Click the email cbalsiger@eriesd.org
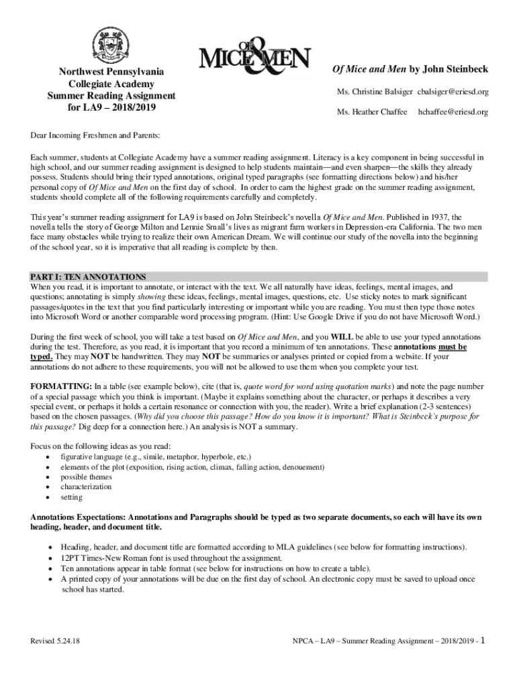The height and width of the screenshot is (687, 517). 453,91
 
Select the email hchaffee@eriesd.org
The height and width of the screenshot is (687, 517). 453,111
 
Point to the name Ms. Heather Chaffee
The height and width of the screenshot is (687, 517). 372,111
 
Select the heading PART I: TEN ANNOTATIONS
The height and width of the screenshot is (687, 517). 88,276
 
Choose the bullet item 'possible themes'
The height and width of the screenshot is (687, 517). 86,476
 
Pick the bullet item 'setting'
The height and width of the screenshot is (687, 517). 72,497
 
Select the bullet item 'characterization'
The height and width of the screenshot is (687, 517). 86,487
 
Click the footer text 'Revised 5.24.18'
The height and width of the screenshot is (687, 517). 55,641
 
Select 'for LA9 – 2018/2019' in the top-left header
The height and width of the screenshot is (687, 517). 111,107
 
